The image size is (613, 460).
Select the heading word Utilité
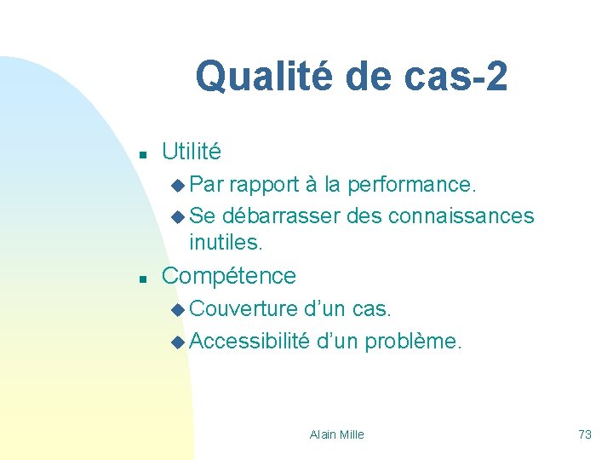[191, 152]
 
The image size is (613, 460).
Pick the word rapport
[263, 184]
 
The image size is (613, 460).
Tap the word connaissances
[461, 216]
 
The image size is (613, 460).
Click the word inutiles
[226, 243]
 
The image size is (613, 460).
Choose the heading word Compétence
[229, 275]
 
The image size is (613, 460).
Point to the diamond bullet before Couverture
[177, 308]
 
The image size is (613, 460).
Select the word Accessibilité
[249, 341]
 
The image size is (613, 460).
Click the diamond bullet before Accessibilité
[177, 342]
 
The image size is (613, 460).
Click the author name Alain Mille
[336, 434]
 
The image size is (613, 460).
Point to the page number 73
[584, 434]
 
